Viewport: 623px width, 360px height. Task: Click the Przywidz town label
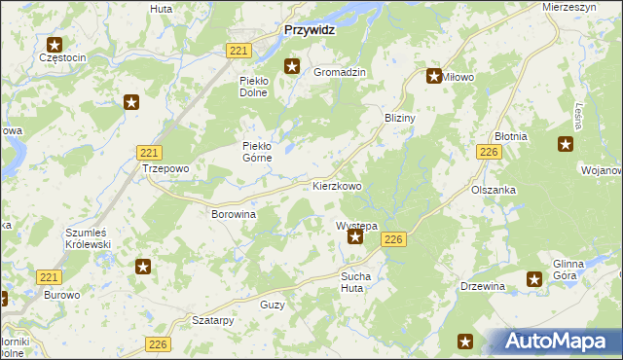pyautogui.click(x=309, y=30)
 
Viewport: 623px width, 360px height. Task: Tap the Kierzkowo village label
pyautogui.click(x=337, y=185)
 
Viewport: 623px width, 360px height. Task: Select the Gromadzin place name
pyautogui.click(x=339, y=72)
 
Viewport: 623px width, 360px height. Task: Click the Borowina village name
pyautogui.click(x=233, y=213)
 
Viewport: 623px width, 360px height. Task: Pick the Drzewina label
pyautogui.click(x=483, y=286)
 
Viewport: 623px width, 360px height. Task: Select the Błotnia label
pyautogui.click(x=510, y=137)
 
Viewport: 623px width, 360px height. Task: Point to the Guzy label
pyautogui.click(x=273, y=305)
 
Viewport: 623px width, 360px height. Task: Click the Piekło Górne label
pyautogui.click(x=261, y=152)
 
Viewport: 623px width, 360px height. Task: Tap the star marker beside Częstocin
pyautogui.click(x=55, y=44)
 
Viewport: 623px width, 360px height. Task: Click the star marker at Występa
pyautogui.click(x=356, y=236)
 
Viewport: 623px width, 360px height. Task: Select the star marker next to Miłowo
pyautogui.click(x=434, y=75)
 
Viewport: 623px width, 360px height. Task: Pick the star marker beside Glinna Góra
pyautogui.click(x=534, y=279)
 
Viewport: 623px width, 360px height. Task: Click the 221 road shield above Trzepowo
pyautogui.click(x=149, y=152)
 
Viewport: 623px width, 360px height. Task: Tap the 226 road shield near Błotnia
pyautogui.click(x=489, y=152)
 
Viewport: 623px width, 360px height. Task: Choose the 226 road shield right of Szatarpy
pyautogui.click(x=160, y=343)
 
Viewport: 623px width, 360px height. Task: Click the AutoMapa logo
pyautogui.click(x=560, y=342)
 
